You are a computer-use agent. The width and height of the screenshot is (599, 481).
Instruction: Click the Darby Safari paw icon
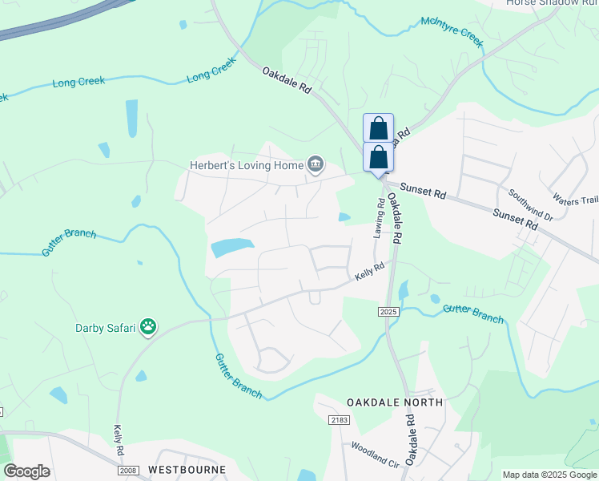(148, 326)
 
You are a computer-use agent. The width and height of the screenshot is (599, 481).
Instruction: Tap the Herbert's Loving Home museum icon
(316, 165)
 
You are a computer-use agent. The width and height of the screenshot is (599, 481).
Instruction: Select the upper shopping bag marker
(378, 128)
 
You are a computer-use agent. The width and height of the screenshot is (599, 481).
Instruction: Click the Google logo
(26, 471)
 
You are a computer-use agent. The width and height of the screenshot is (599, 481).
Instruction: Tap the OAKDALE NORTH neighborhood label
(394, 401)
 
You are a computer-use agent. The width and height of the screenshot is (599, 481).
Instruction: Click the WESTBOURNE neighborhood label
(186, 469)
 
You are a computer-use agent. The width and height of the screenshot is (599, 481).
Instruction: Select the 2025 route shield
(388, 309)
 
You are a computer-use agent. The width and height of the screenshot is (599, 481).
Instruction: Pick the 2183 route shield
(340, 419)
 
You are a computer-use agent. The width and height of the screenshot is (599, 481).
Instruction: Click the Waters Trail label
(576, 200)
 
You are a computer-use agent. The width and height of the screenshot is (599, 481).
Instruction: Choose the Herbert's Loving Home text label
(246, 166)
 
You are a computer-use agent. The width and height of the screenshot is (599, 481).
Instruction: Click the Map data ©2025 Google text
(549, 475)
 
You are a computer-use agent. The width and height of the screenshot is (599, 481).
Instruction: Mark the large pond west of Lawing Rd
(232, 248)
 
